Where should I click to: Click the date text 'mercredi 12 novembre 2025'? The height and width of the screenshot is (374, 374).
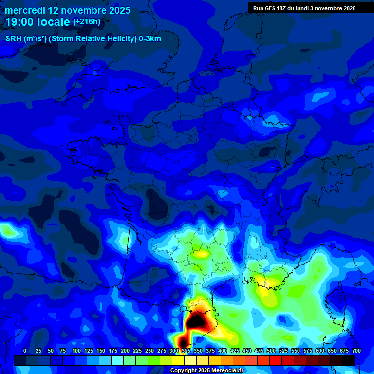68,10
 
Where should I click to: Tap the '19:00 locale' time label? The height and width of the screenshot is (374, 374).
37,22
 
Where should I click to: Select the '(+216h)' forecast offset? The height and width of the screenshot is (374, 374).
87,22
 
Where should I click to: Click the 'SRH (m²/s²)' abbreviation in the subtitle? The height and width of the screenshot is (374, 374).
26,39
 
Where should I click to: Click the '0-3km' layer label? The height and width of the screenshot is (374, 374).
150,39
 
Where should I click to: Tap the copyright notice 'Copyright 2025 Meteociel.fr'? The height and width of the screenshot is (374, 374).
207,371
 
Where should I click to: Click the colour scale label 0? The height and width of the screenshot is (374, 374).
25,351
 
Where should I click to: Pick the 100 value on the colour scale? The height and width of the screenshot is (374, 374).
76,351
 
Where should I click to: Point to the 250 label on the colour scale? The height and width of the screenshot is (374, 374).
150,351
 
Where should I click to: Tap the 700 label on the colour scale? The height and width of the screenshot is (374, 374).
356,351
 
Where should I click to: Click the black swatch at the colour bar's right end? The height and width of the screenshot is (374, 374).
349,360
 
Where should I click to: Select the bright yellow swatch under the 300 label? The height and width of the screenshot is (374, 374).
178,360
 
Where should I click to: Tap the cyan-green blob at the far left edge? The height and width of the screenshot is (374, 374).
6,228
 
